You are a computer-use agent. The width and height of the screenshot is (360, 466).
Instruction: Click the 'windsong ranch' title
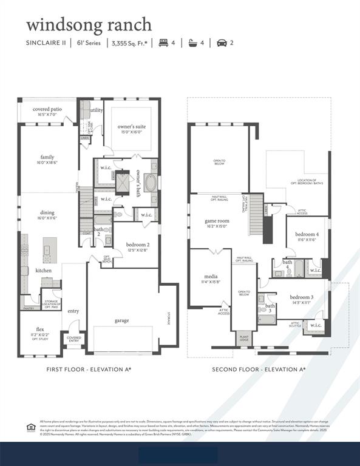click(89, 25)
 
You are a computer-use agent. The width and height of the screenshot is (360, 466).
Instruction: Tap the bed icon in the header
click(163, 43)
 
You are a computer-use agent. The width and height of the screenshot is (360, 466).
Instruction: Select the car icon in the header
click(222, 43)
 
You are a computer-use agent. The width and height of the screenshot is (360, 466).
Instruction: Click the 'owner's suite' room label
click(131, 126)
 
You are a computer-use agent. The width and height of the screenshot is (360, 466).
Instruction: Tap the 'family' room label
click(47, 157)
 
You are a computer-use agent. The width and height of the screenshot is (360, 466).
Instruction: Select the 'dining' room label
click(47, 212)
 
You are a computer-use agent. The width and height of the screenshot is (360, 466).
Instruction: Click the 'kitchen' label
click(44, 270)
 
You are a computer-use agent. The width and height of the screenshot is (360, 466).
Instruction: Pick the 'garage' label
click(122, 320)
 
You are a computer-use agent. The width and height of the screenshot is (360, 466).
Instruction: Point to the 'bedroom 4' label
click(307, 234)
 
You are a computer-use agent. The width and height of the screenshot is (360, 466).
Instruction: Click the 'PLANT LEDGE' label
click(244, 339)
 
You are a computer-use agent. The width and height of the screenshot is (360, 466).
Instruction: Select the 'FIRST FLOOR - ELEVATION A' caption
click(89, 369)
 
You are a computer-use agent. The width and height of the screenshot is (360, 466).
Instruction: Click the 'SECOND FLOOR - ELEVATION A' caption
click(259, 369)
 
